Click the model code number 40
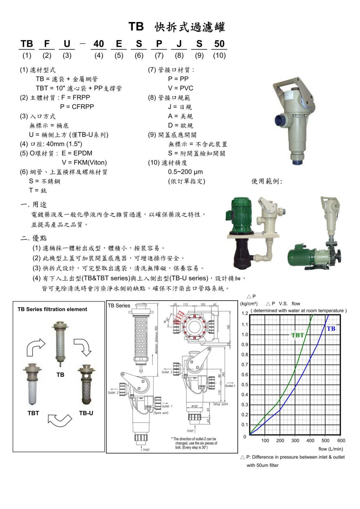tap(98, 44)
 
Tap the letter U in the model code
tap(67, 44)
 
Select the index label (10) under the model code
tap(219, 55)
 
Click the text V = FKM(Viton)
tap(84, 163)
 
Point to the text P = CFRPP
tap(77, 107)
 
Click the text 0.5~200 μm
tap(185, 172)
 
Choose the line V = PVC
tap(180, 88)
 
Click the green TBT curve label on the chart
tap(298, 335)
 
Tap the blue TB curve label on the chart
tap(331, 328)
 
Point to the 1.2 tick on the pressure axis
tap(245, 314)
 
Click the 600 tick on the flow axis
tap(341, 440)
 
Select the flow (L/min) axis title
tap(330, 449)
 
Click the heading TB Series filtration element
tap(52, 309)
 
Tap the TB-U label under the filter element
tap(86, 413)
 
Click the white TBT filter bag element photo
tap(33, 385)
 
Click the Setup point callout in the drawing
tap(220, 404)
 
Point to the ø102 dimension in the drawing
tap(195, 406)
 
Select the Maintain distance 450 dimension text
tap(157, 340)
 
